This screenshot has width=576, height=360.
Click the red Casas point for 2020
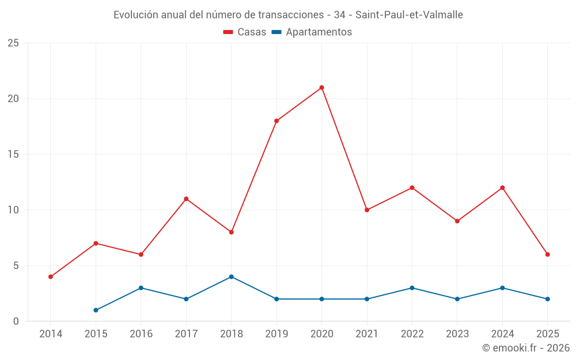click(x=321, y=88)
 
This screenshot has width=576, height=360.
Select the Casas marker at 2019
click(x=276, y=121)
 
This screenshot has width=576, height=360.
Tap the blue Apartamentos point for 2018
click(x=231, y=276)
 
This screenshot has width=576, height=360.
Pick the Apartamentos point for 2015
click(x=96, y=310)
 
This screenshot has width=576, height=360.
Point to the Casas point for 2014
click(x=51, y=276)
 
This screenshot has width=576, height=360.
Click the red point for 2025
click(x=547, y=255)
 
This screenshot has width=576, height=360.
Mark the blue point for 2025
click(x=547, y=299)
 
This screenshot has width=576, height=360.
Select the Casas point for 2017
click(x=186, y=199)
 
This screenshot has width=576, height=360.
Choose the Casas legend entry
click(x=245, y=32)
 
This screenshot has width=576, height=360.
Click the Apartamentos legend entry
click(x=312, y=32)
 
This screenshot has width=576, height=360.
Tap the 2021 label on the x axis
click(x=367, y=334)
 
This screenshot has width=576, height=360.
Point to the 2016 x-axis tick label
click(x=141, y=334)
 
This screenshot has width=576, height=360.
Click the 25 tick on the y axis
click(x=13, y=43)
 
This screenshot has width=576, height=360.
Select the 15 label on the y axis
click(x=13, y=154)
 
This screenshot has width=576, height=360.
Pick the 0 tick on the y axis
click(x=16, y=321)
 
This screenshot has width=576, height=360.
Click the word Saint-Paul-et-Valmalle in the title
click(x=410, y=15)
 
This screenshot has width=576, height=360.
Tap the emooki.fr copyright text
click(x=526, y=348)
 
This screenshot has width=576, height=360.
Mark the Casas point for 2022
click(x=412, y=188)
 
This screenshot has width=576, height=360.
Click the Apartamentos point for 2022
click(x=412, y=288)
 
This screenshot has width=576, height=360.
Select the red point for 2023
click(x=457, y=221)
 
